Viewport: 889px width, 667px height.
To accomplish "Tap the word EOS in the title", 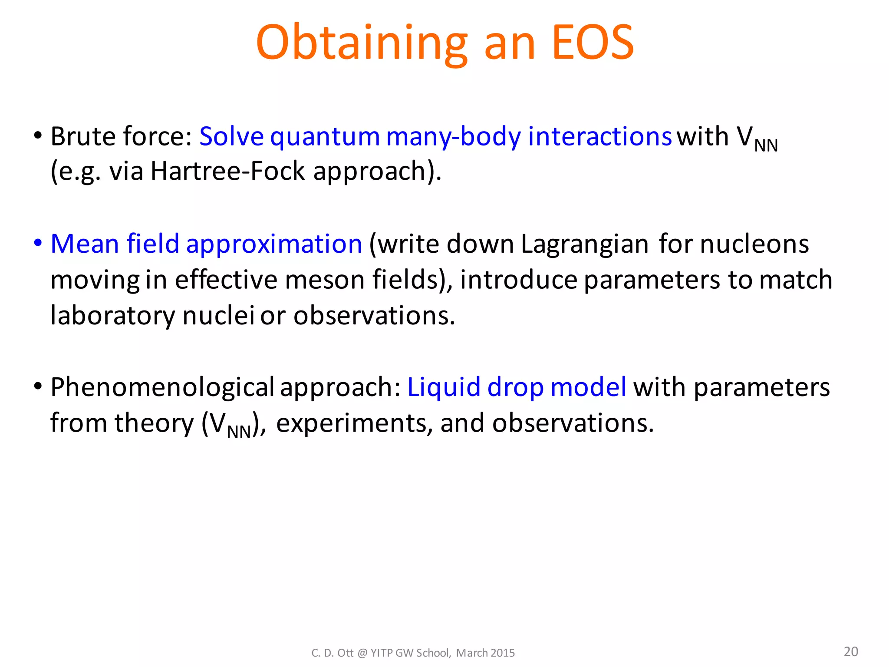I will pyautogui.click(x=592, y=43).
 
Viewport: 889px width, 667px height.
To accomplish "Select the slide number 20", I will pyautogui.click(x=851, y=651).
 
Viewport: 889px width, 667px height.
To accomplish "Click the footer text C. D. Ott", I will pyautogui.click(x=332, y=653).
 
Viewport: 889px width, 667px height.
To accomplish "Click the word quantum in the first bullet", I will pyautogui.click(x=325, y=137).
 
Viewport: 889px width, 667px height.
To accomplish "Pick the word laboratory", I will pyautogui.click(x=112, y=316).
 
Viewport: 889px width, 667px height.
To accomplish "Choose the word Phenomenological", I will pyautogui.click(x=162, y=387).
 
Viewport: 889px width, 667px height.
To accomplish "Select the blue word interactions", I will pyautogui.click(x=599, y=137).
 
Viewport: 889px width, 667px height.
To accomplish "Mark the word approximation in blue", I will pyautogui.click(x=274, y=244).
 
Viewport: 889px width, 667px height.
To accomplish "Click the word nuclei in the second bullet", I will pyautogui.click(x=218, y=316).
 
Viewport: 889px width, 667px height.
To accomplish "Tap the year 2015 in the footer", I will pyautogui.click(x=503, y=653).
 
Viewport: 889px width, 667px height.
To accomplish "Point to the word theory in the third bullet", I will pyautogui.click(x=154, y=423).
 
